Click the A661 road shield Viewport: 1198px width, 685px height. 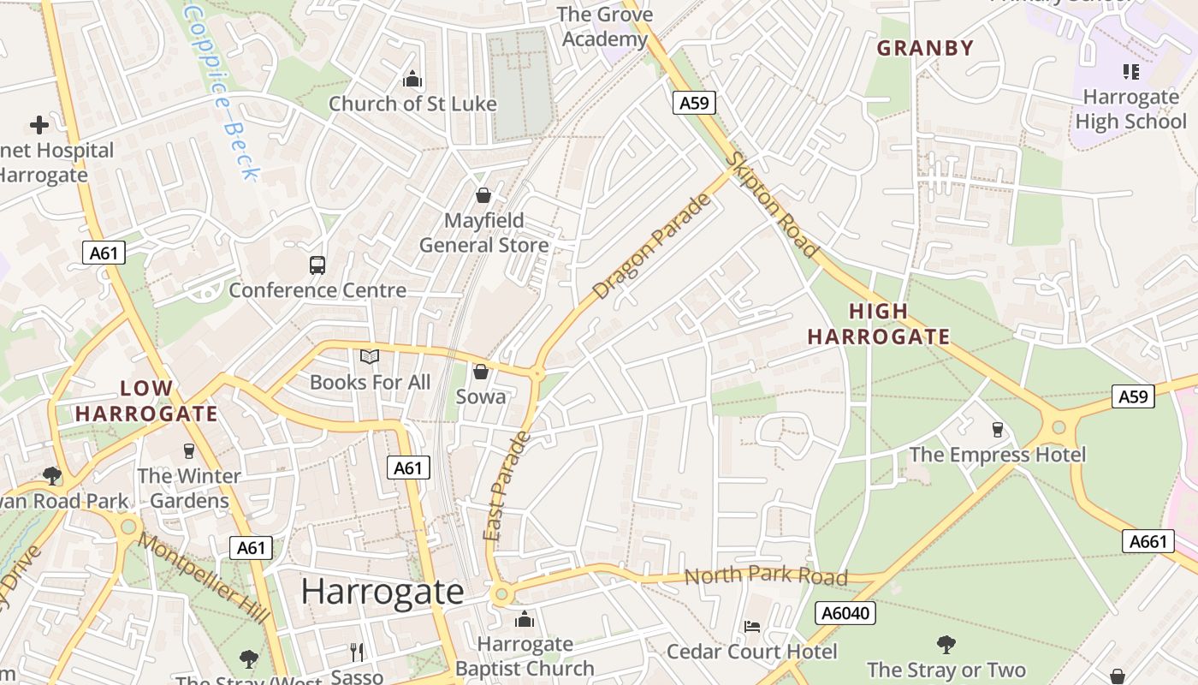coord(1148,541)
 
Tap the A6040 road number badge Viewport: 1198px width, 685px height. coord(845,613)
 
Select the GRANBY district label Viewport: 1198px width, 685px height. coord(925,48)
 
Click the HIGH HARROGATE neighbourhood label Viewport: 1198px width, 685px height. coord(879,325)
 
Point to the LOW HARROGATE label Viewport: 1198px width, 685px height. coord(146,401)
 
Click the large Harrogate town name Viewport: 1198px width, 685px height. coord(383,592)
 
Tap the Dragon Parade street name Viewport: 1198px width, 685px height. coord(652,247)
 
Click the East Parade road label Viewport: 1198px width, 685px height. coord(507,486)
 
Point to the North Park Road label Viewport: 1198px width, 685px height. coord(766,575)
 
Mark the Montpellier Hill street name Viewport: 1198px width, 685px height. coord(205,577)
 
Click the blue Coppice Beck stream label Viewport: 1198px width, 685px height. coord(222,92)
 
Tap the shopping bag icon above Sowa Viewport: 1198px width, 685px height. coord(481,372)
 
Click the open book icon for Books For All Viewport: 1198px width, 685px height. coord(369,356)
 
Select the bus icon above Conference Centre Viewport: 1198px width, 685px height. coord(317,265)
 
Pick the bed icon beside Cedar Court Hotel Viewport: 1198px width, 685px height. coord(752,627)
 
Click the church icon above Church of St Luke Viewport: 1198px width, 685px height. coord(412,80)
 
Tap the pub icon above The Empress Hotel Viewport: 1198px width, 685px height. coord(997,429)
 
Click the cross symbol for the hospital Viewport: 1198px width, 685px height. coord(39,125)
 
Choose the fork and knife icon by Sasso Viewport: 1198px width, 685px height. coord(358,652)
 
